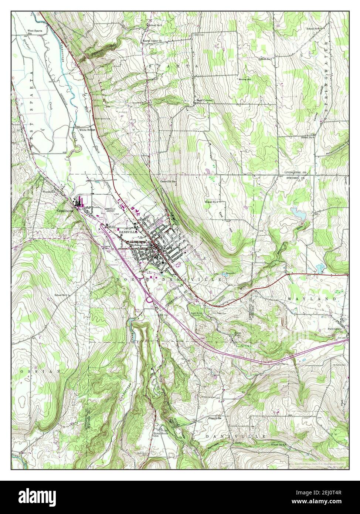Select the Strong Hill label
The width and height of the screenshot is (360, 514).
pyautogui.click(x=245, y=79)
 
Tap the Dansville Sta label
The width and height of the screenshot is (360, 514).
pyautogui.click(x=169, y=182)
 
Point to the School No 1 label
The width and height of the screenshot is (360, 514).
pyautogui.click(x=61, y=295)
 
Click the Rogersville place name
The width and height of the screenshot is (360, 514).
pyautogui.click(x=215, y=418)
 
